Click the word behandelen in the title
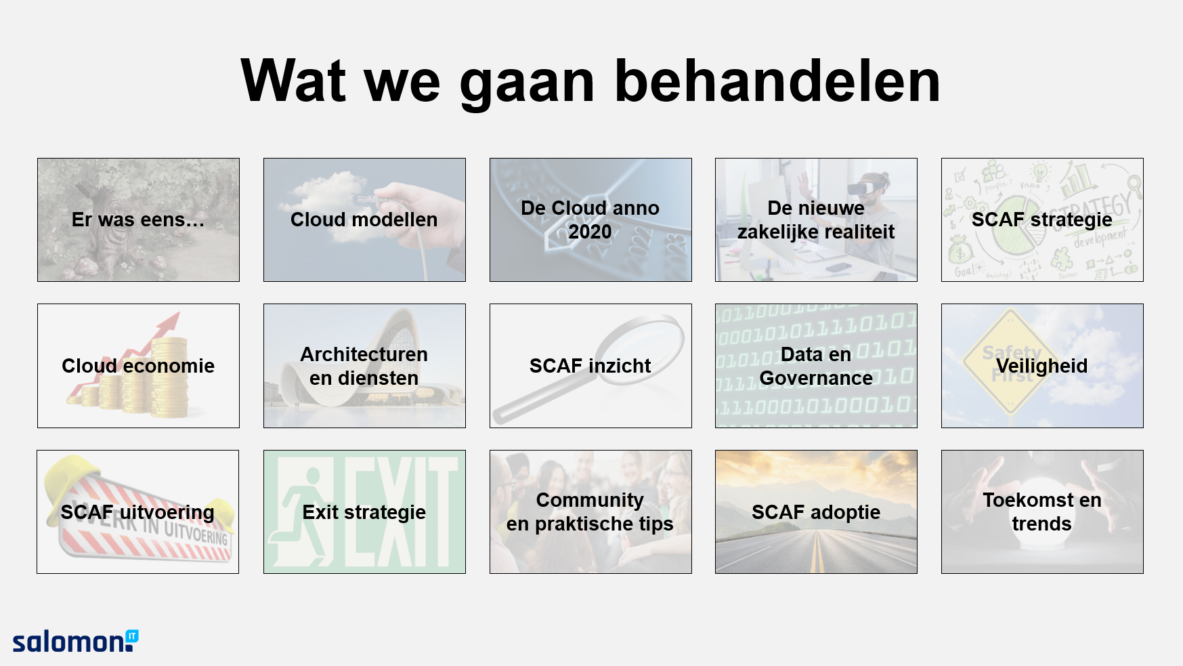[777, 81]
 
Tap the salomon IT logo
[75, 641]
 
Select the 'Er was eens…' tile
[138, 220]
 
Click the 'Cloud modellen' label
[364, 220]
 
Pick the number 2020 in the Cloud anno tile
[590, 232]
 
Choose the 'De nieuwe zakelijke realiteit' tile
[816, 220]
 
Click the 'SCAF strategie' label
[1042, 220]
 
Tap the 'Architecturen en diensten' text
[364, 366]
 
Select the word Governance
[816, 378]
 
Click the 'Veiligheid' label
[1042, 366]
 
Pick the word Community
[590, 500]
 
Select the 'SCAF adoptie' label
[816, 512]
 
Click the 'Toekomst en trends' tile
[1042, 512]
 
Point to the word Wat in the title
[294, 81]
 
